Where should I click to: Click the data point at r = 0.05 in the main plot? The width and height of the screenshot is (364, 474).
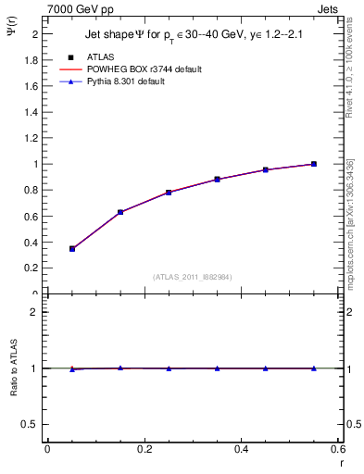(x=72, y=248)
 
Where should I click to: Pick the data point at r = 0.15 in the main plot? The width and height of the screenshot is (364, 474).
(x=120, y=212)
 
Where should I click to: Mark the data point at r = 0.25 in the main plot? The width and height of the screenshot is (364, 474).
(x=169, y=193)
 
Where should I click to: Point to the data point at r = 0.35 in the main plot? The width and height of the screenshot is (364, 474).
(x=217, y=180)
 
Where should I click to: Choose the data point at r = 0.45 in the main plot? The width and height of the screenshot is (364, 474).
(x=265, y=170)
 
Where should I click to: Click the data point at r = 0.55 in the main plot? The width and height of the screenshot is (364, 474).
(x=313, y=164)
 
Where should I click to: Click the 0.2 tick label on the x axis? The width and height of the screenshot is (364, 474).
(x=144, y=449)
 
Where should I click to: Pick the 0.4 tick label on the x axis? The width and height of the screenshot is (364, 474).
(x=241, y=449)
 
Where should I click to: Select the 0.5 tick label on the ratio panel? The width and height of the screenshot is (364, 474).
(x=33, y=424)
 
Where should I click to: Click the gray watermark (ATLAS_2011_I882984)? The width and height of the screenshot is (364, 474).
(x=193, y=277)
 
